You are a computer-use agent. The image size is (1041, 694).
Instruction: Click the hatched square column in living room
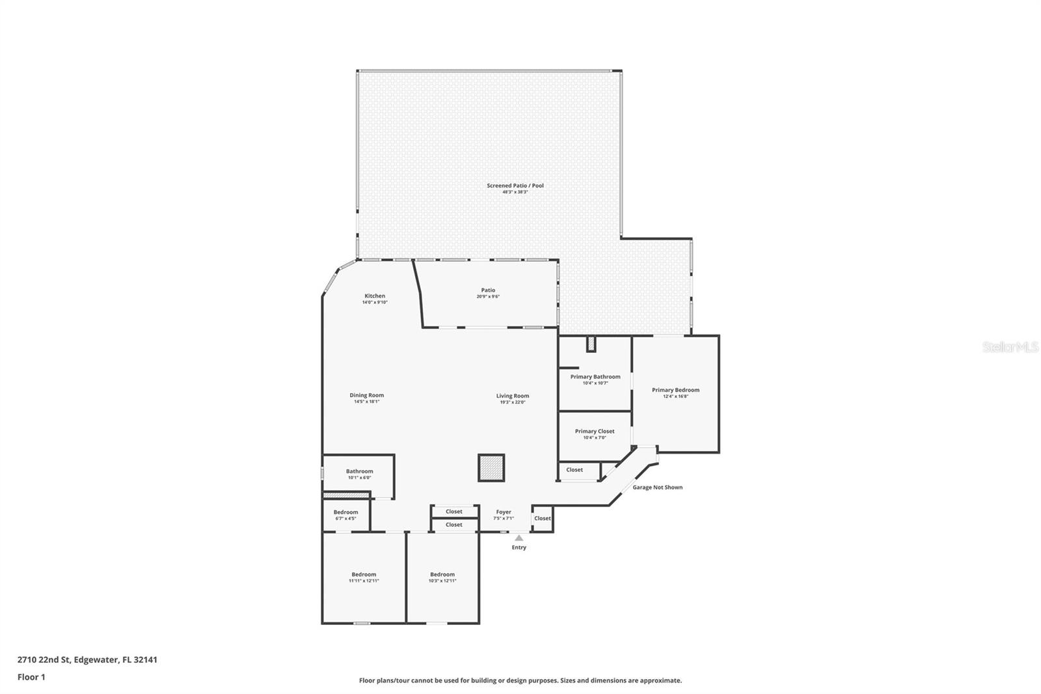491,467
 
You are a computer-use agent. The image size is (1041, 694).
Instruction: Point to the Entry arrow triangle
519,538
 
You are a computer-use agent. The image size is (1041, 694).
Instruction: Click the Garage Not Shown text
657,487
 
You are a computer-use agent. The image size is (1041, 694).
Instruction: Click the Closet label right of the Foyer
542,518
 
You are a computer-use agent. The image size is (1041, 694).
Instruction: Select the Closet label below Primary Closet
575,469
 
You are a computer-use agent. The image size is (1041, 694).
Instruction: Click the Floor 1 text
31,677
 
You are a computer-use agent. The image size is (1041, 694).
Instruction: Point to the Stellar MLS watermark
1010,347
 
